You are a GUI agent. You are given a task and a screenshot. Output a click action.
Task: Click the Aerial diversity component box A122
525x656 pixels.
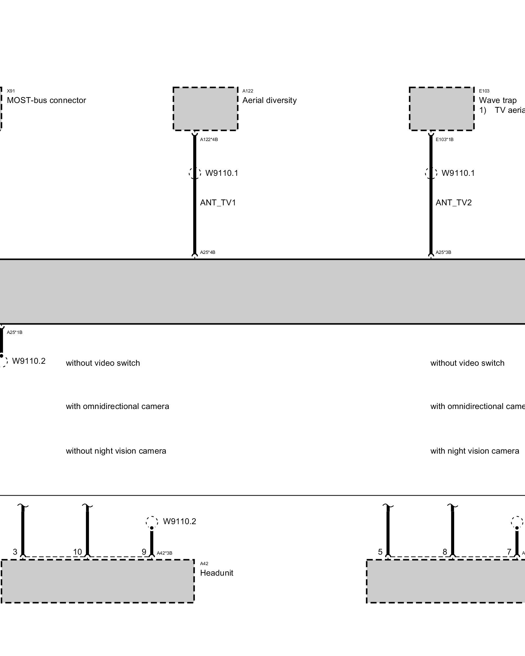pyautogui.click(x=205, y=109)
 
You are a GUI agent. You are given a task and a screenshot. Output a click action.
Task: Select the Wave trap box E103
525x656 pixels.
pyautogui.click(x=442, y=109)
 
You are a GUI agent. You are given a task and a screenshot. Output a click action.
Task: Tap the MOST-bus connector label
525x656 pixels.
pyautogui.click(x=46, y=100)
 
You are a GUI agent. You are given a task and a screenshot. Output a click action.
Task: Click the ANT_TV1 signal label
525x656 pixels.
pyautogui.click(x=218, y=203)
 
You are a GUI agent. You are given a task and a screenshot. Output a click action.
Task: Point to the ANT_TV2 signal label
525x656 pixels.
pyautogui.click(x=453, y=203)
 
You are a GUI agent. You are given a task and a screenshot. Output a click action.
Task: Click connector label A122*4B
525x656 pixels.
pyautogui.click(x=209, y=139)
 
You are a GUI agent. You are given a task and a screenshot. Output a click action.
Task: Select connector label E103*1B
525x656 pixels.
pyautogui.click(x=445, y=139)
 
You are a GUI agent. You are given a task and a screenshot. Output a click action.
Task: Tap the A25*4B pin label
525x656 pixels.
pyautogui.click(x=208, y=252)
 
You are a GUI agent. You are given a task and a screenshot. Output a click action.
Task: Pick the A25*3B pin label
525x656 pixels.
pyautogui.click(x=443, y=252)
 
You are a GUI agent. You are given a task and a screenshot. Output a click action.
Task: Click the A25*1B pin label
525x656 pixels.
pyautogui.click(x=15, y=332)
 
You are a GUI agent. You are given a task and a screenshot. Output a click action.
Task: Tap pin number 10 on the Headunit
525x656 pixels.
pyautogui.click(x=77, y=552)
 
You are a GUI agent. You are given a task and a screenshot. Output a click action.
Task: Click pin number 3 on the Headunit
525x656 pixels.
pyautogui.click(x=15, y=552)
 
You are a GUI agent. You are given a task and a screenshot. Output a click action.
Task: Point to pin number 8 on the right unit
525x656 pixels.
pyautogui.click(x=445, y=552)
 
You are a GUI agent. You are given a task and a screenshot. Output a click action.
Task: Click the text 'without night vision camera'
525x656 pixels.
pyautogui.click(x=116, y=451)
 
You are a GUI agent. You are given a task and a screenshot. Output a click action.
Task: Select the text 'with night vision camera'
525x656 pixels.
pyautogui.click(x=474, y=451)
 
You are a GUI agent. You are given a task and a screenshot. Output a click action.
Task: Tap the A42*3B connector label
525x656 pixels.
pyautogui.click(x=164, y=553)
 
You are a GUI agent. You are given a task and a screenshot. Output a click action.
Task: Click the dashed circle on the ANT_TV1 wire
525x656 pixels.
pyautogui.click(x=195, y=173)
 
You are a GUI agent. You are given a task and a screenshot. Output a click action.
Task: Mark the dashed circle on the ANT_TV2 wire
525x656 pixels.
pyautogui.click(x=431, y=173)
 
